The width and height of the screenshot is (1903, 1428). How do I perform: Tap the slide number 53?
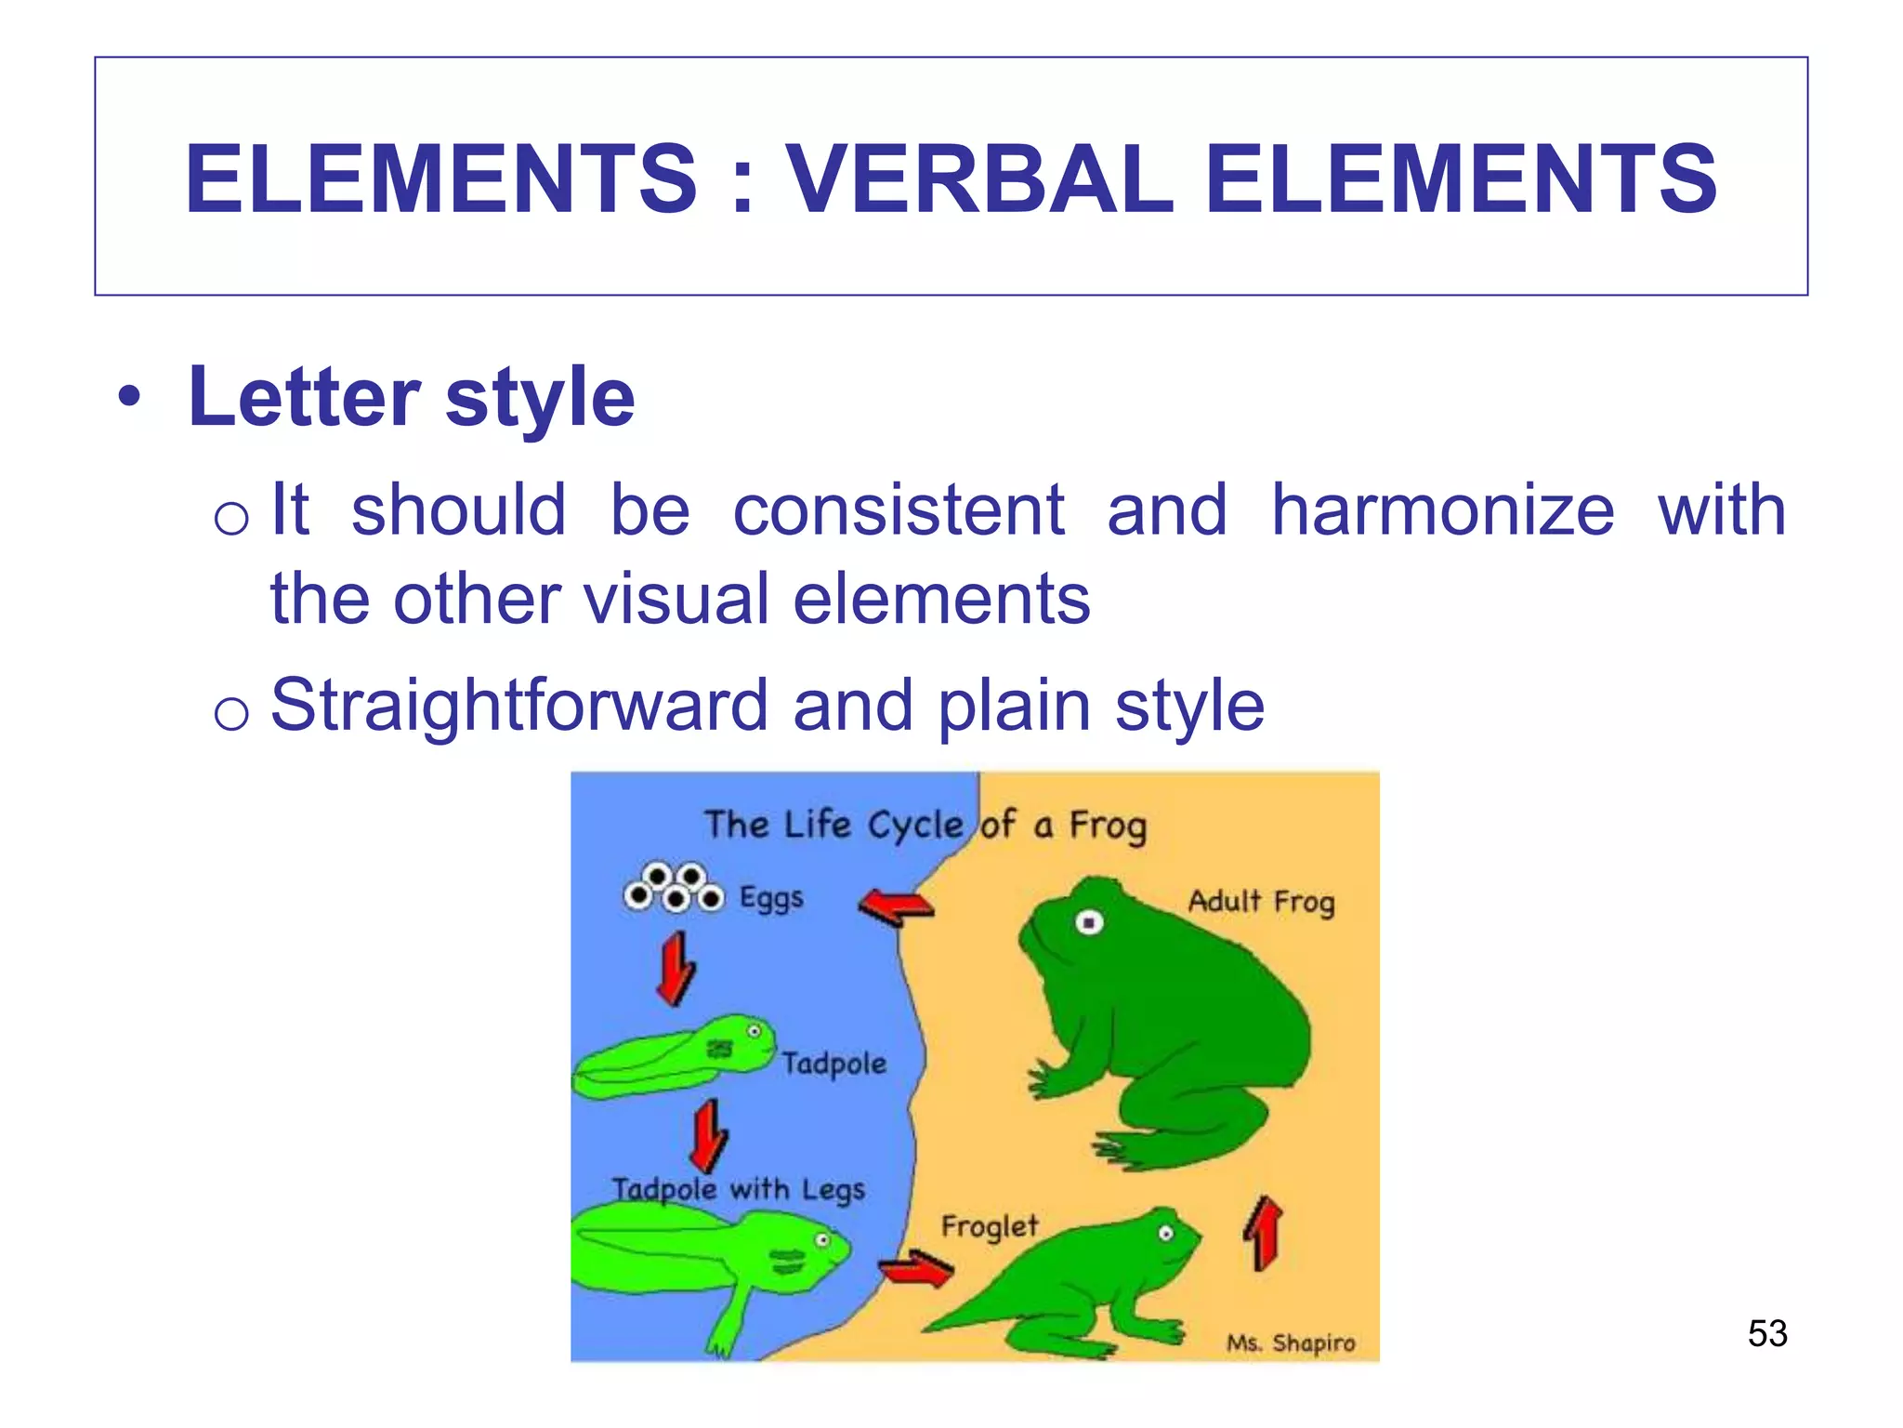click(1767, 1333)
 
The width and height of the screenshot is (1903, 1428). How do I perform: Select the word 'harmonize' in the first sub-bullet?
click(1442, 510)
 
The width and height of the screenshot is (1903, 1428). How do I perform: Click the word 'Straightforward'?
click(518, 706)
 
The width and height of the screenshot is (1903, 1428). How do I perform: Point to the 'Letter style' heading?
click(411, 398)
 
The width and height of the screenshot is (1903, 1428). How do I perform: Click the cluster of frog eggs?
click(674, 888)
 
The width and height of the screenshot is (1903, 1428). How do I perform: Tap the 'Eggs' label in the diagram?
click(771, 898)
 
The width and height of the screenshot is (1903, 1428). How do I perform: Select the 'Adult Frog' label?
click(1261, 901)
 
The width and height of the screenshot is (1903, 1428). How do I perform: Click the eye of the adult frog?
click(1089, 922)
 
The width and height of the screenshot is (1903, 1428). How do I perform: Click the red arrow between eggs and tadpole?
click(676, 969)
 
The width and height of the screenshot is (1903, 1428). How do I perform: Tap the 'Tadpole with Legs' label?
click(738, 1189)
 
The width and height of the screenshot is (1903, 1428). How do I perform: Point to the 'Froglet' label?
click(989, 1226)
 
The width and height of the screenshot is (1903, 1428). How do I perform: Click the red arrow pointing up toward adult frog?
click(1263, 1233)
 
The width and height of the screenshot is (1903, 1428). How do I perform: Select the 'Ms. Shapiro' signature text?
click(1291, 1342)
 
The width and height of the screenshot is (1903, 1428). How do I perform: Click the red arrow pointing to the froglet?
click(916, 1269)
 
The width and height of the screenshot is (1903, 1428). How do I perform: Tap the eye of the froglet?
click(1165, 1234)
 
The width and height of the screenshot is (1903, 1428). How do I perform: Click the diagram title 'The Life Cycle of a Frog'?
click(925, 825)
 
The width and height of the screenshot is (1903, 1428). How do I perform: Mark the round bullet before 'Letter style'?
click(129, 398)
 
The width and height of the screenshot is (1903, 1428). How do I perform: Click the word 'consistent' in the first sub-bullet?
click(898, 510)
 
